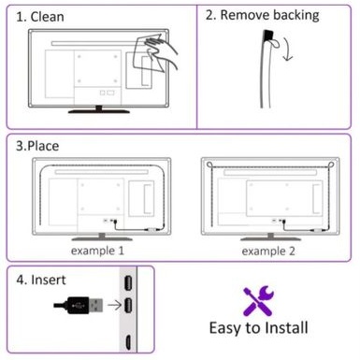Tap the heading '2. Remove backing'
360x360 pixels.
pyautogui.click(x=261, y=15)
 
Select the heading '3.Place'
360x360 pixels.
pyautogui.click(x=37, y=147)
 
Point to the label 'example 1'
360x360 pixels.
pyautogui.click(x=96, y=251)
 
